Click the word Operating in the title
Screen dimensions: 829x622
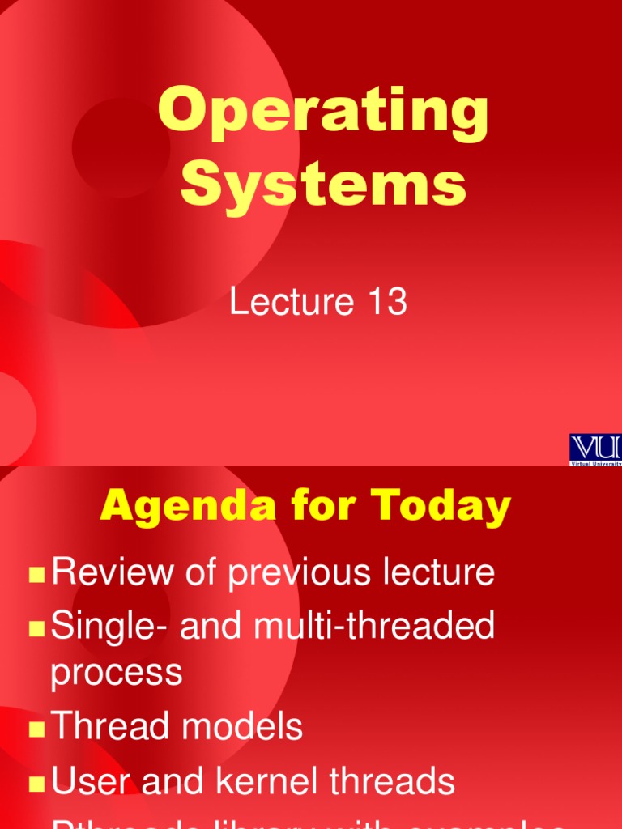pyautogui.click(x=323, y=113)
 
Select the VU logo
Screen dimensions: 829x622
pyautogui.click(x=595, y=449)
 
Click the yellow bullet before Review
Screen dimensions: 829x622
pyautogui.click(x=36, y=576)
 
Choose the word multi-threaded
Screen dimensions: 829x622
pyautogui.click(x=364, y=627)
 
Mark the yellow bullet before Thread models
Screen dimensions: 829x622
pyautogui.click(x=36, y=729)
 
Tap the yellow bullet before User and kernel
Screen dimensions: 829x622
pyautogui.click(x=36, y=784)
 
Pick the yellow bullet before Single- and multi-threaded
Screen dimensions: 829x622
pyautogui.click(x=36, y=629)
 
